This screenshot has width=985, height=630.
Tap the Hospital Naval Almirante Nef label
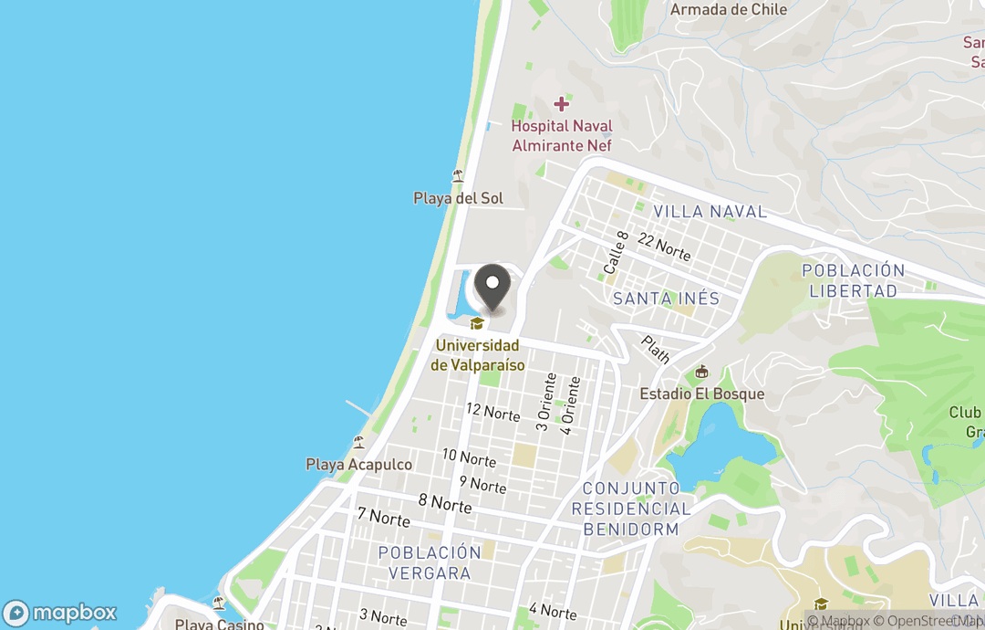pyautogui.click(x=561, y=135)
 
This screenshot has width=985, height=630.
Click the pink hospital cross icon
pyautogui.click(x=562, y=104)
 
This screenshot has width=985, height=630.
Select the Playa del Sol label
pyautogui.click(x=458, y=198)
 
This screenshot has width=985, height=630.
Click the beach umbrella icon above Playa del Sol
pyautogui.click(x=458, y=176)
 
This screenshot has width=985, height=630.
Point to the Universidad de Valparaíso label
pyautogui.click(x=477, y=355)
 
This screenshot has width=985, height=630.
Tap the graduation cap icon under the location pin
pyautogui.click(x=476, y=323)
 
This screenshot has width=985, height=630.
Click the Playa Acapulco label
pyautogui.click(x=358, y=465)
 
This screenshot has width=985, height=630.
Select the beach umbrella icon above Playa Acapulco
pyautogui.click(x=358, y=443)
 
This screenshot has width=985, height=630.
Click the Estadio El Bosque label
pyautogui.click(x=701, y=394)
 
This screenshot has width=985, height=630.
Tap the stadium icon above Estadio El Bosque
pyautogui.click(x=701, y=372)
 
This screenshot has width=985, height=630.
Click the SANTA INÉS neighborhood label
pyautogui.click(x=666, y=299)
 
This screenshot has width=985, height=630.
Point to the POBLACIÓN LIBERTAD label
pyautogui.click(x=853, y=280)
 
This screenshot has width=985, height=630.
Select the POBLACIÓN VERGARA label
pyautogui.click(x=429, y=562)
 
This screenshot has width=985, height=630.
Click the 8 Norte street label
pyautogui.click(x=445, y=503)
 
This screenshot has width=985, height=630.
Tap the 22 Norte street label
pyautogui.click(x=664, y=246)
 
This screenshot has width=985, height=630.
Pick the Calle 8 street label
pyautogui.click(x=616, y=253)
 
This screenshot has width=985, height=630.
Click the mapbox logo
pyautogui.click(x=60, y=613)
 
